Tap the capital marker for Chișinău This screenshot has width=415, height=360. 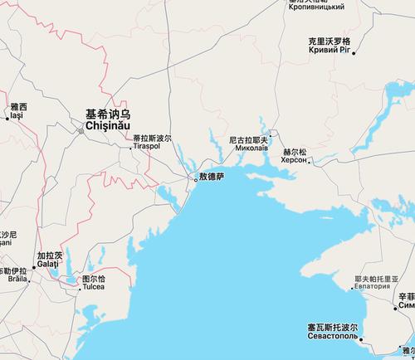(x=81, y=129)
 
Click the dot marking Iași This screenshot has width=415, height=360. (x=7, y=119)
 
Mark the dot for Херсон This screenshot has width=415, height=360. (x=310, y=162)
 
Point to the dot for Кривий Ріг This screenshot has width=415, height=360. (x=354, y=54)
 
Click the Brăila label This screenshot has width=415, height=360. (x=15, y=280)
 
